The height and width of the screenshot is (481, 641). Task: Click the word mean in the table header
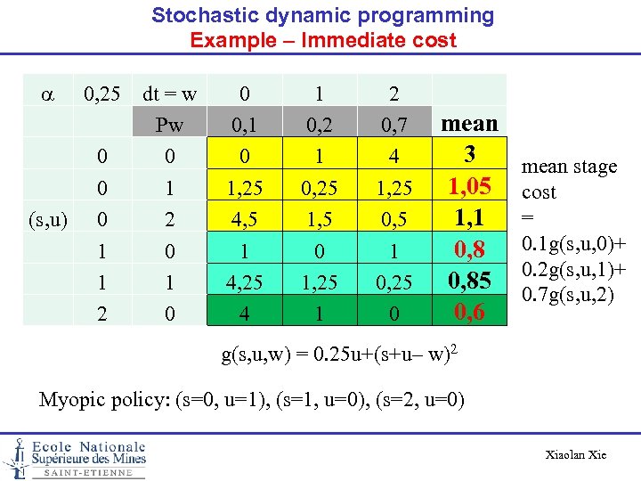pos(470,123)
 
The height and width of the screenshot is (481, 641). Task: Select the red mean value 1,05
pos(470,186)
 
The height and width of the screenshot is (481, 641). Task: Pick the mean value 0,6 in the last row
pos(470,312)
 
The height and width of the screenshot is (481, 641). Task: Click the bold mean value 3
pos(470,154)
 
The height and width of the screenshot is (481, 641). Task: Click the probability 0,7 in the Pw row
pos(394,125)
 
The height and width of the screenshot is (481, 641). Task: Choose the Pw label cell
pos(169,125)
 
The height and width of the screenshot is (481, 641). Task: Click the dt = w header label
pos(169,94)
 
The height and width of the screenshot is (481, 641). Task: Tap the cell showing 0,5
pos(394,218)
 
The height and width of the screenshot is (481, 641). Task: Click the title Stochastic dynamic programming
pos(322,15)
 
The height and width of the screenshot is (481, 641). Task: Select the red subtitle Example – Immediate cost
pos(323,40)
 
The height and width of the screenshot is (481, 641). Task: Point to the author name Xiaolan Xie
pos(575,455)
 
